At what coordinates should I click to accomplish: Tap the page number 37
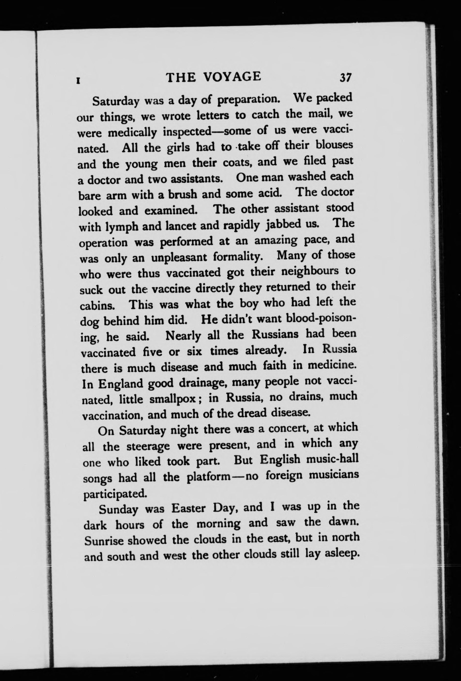tap(345, 78)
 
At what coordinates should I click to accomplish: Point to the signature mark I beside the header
tap(78, 80)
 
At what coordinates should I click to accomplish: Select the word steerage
tap(148, 446)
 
